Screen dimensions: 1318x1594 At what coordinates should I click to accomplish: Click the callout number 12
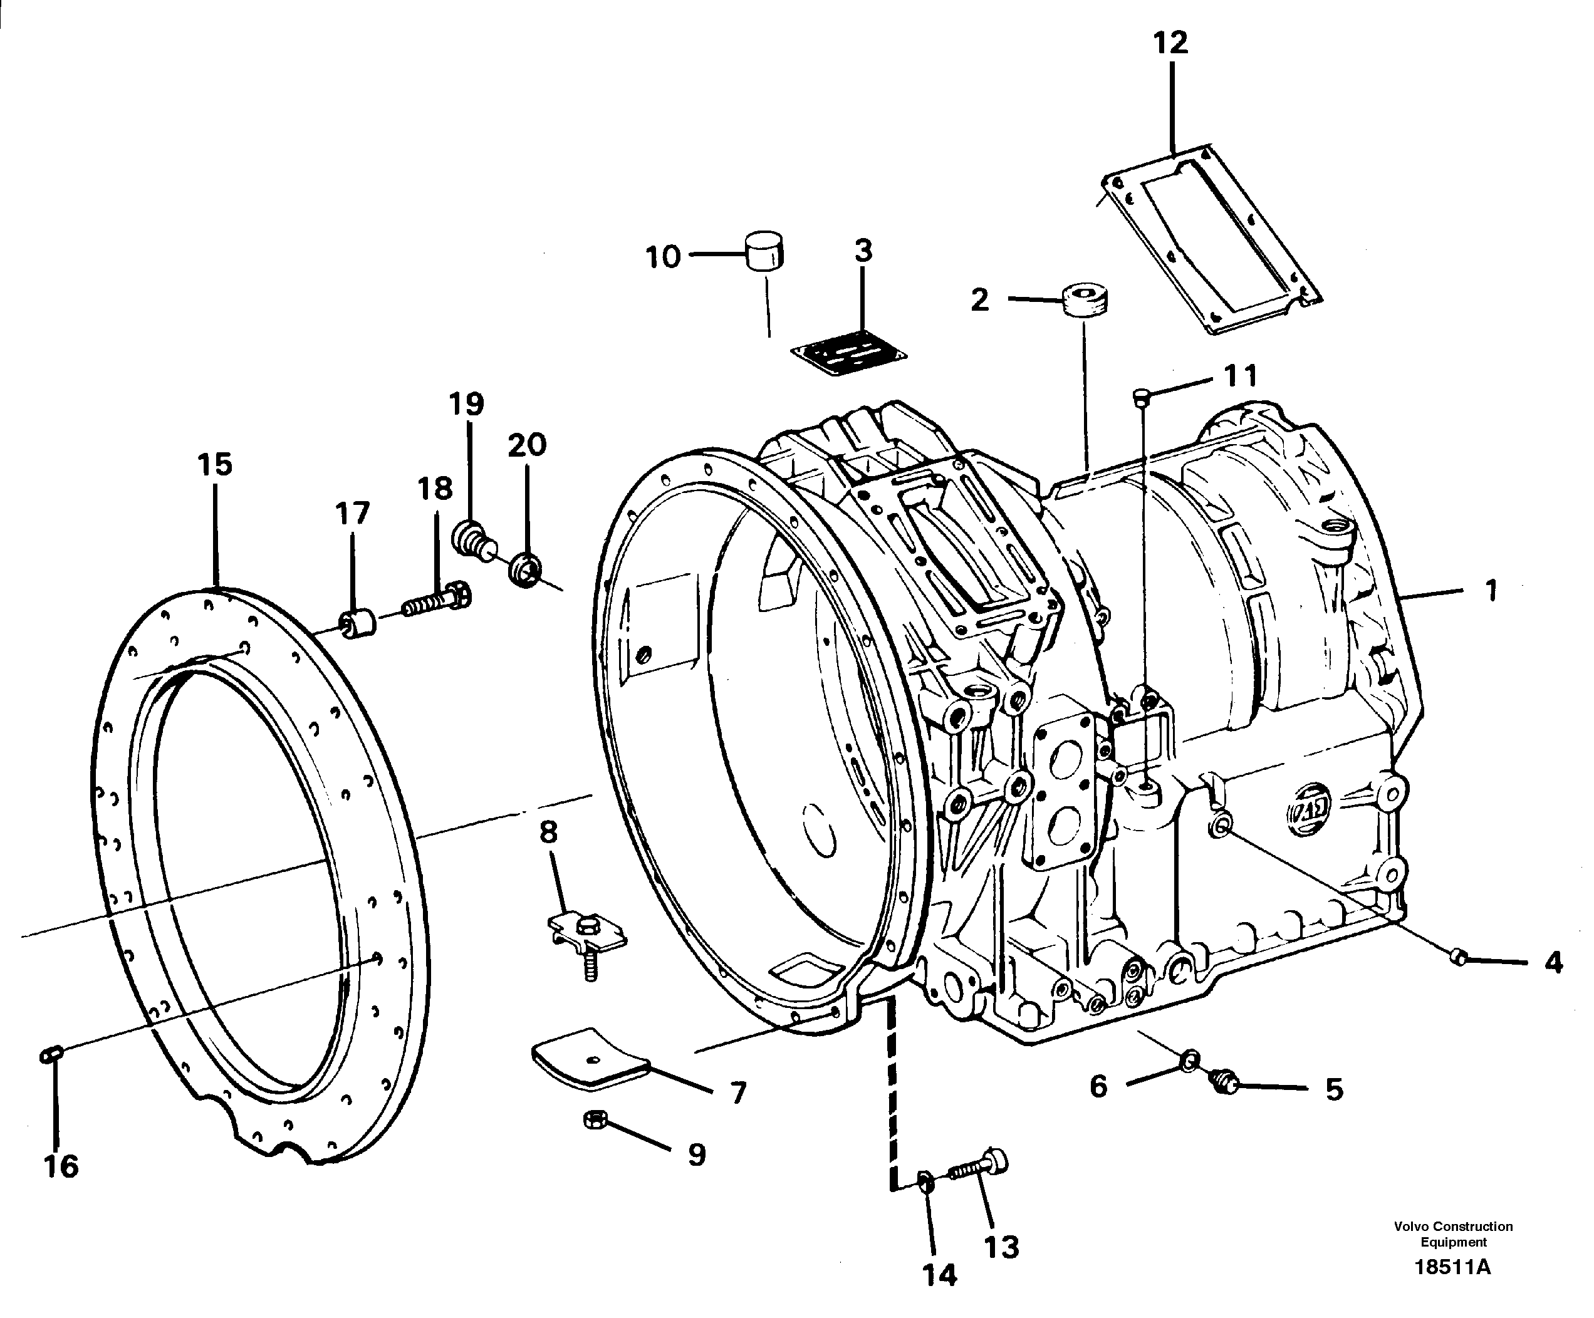pos(1170,43)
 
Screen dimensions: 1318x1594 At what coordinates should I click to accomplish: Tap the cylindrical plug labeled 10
pos(766,252)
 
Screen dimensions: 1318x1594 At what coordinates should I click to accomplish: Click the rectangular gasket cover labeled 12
pos(1211,241)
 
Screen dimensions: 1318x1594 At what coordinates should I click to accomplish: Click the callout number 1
pos(1491,589)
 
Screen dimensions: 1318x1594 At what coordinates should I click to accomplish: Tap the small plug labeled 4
pos(1457,958)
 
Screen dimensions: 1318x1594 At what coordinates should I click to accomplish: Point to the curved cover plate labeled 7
pos(590,1059)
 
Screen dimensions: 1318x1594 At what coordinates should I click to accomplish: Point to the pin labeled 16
pos(51,1054)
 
